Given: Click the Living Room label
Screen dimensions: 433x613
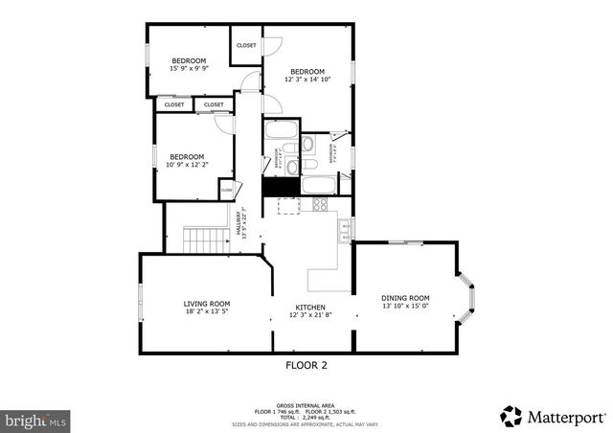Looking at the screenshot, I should click(x=207, y=304).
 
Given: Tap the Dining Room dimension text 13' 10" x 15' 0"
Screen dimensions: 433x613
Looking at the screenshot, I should click(x=405, y=307).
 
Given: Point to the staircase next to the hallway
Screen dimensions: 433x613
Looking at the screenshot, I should click(x=203, y=239).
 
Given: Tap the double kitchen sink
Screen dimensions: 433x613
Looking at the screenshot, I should click(x=344, y=228).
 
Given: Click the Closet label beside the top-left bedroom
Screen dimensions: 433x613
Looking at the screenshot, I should click(x=247, y=45).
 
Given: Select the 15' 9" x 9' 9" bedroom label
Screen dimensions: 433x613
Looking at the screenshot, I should click(x=189, y=64).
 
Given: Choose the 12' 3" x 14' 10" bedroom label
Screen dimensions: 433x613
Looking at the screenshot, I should click(x=307, y=76).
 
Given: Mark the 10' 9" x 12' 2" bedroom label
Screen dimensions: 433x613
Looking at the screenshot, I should click(x=187, y=161).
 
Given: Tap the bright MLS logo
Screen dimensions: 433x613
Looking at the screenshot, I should click(x=36, y=420).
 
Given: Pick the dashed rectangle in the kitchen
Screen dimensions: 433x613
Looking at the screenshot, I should click(x=289, y=205).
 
